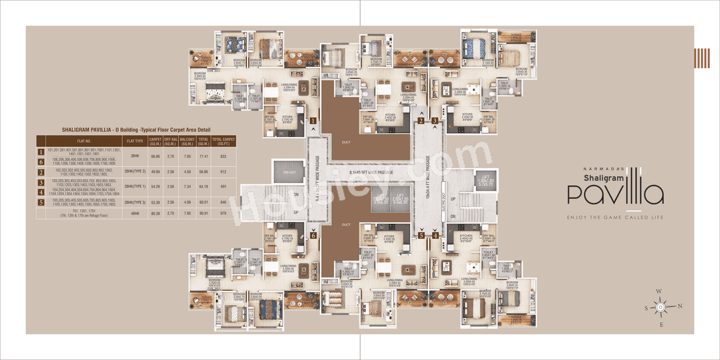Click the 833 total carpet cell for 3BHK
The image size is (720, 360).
(x=223, y=156)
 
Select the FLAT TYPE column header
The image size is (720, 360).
(x=136, y=141)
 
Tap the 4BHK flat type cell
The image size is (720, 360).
(x=136, y=213)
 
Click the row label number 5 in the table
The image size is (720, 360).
(x=41, y=202)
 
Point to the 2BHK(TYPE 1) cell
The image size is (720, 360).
(x=136, y=186)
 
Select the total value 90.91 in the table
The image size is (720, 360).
(x=204, y=213)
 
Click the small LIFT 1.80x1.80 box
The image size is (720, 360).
(x=484, y=178)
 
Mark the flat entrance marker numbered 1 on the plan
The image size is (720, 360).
(x=313, y=120)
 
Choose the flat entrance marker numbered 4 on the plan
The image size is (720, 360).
(x=435, y=235)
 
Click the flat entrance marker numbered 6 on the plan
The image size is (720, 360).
(x=313, y=235)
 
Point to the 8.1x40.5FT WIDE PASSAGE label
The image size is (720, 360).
(x=371, y=172)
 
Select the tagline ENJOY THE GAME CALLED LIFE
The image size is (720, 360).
(x=615, y=217)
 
